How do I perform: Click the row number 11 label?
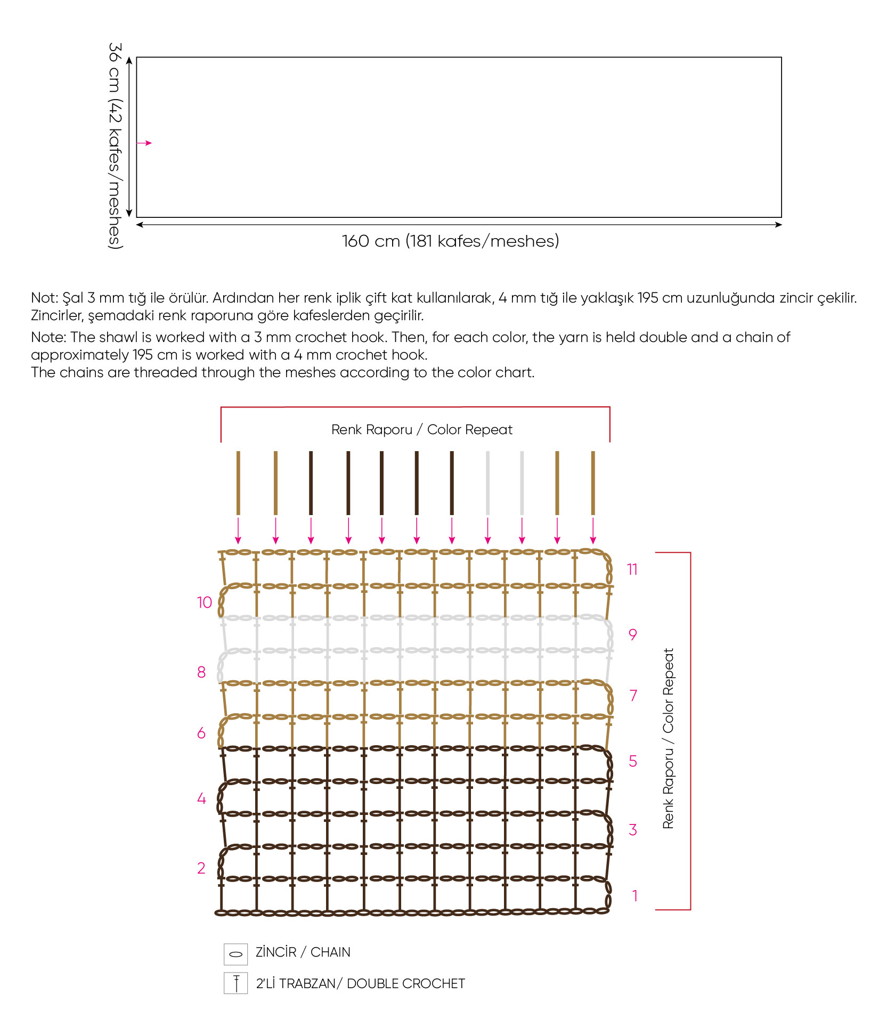[632, 569]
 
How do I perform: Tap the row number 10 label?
[205, 602]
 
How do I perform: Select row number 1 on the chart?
[634, 895]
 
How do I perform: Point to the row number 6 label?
[201, 733]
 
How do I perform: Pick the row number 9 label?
[632, 634]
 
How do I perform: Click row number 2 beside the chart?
[201, 868]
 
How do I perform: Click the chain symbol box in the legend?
[235, 954]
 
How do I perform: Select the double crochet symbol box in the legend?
[235, 983]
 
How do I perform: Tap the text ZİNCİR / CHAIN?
[303, 952]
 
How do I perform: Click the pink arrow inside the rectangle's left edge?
[144, 143]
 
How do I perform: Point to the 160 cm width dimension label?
[450, 241]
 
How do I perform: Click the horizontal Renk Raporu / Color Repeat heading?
[421, 429]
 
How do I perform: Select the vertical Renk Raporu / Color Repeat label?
[668, 738]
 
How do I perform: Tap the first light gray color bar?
[487, 483]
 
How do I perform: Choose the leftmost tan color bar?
[238, 483]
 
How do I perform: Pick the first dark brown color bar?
[311, 483]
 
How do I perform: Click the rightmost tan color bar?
[593, 483]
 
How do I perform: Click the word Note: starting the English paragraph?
[48, 337]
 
